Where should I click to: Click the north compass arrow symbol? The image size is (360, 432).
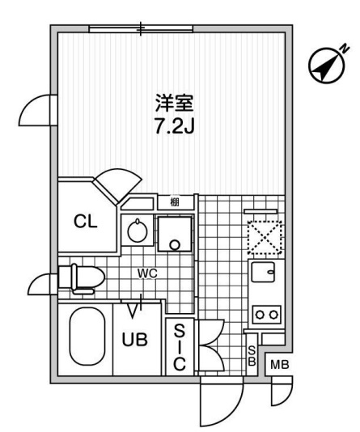coord(328,66)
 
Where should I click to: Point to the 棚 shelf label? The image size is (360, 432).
coord(175,202)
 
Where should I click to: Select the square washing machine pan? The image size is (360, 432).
coord(174,234)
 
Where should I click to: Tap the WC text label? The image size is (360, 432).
coord(146,273)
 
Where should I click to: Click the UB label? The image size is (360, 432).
coord(135,341)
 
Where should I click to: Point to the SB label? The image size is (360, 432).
coord(252,355)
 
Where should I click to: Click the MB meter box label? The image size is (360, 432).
coord(277,366)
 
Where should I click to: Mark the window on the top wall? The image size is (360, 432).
coord(141,29)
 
